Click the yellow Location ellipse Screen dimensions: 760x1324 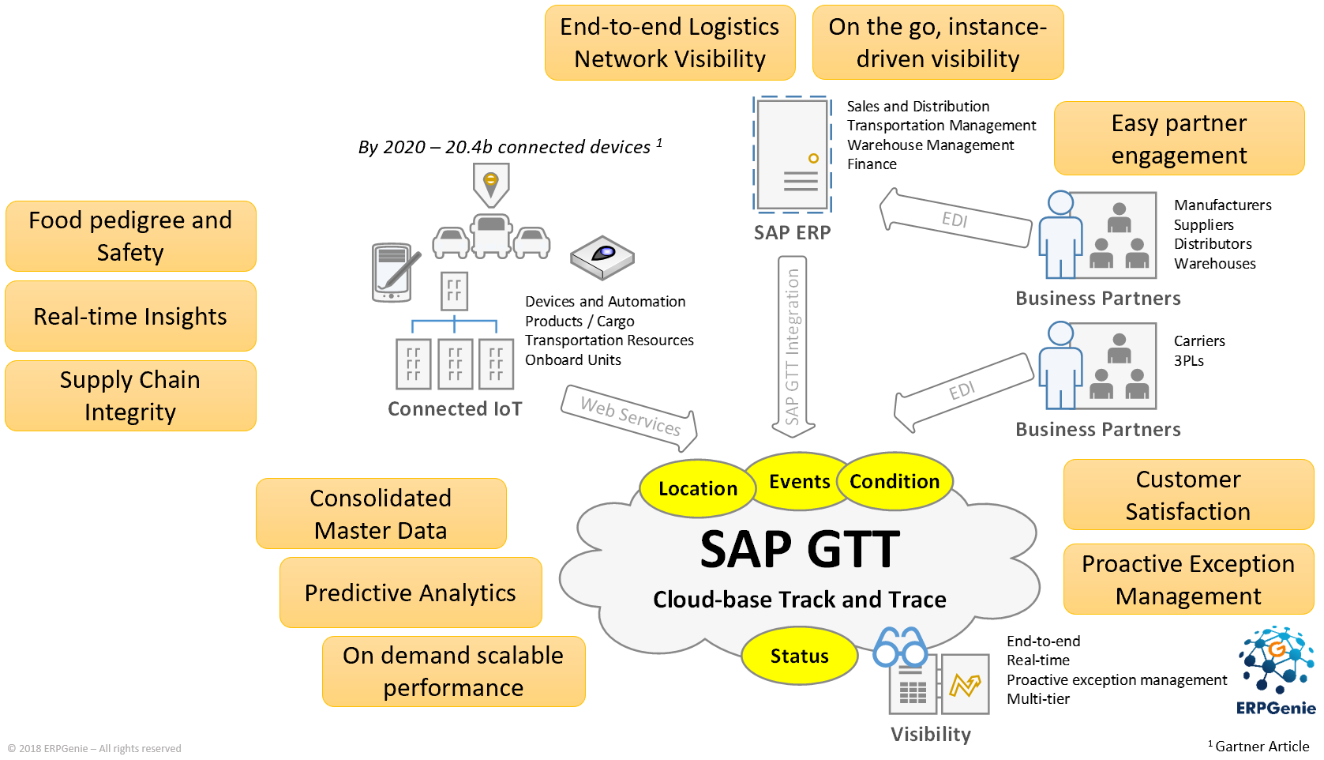tap(697, 489)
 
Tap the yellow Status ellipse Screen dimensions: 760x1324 tap(799, 657)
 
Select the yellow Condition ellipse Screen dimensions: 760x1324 tap(895, 482)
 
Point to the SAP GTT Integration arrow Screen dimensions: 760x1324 tap(792, 346)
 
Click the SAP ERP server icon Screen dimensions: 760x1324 tap(792, 155)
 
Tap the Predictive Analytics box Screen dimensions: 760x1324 tap(411, 593)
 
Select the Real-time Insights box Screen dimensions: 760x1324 tap(130, 317)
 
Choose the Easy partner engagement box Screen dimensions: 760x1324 tap(1179, 139)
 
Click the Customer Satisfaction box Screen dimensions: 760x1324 tap(1187, 495)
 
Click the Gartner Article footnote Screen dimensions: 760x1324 tap(1261, 747)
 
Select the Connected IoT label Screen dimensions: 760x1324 tap(455, 409)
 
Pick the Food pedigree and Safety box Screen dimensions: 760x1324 tap(130, 236)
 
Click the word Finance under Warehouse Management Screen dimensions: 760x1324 tap(872, 164)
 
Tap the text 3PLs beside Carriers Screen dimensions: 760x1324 tap(1188, 361)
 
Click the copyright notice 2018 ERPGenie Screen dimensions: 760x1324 tap(95, 749)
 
